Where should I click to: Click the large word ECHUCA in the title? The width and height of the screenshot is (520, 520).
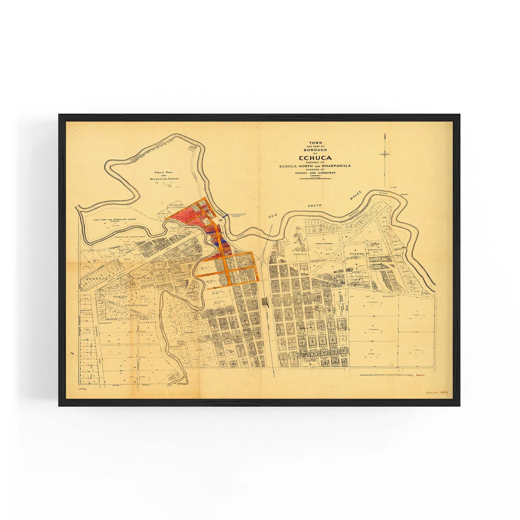(314, 158)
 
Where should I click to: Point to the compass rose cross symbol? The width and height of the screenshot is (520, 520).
(385, 154)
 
